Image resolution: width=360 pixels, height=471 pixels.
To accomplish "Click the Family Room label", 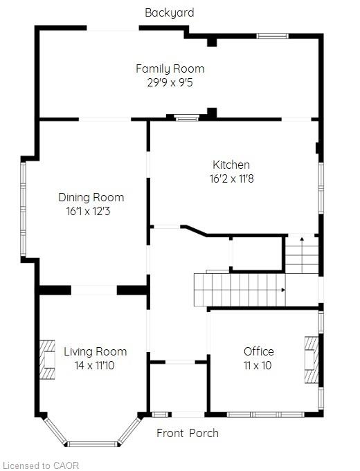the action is click(170, 68).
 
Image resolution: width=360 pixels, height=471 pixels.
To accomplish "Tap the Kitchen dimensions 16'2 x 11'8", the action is click(232, 178).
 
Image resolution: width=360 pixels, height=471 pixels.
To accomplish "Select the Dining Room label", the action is click(91, 197).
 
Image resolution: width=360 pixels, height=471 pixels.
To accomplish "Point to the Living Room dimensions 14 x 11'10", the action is click(94, 365).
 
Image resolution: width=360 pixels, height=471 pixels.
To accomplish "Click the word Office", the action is click(259, 351).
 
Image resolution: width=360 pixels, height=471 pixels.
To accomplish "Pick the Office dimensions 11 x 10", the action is click(258, 365).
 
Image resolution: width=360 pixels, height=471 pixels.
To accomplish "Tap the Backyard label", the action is click(170, 12).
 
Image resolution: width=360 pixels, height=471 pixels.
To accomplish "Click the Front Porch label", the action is click(188, 433).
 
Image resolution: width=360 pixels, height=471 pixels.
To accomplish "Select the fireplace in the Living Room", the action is click(47, 360).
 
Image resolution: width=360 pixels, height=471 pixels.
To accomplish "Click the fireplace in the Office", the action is click(312, 360).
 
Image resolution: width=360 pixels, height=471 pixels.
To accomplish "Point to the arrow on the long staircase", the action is click(283, 290).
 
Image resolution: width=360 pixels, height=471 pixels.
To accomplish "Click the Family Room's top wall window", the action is click(273, 36).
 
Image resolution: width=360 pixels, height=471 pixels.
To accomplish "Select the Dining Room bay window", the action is click(23, 209).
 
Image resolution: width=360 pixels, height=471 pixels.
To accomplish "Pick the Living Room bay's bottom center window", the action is click(91, 444).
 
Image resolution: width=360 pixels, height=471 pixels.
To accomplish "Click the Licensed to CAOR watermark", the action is click(42, 465).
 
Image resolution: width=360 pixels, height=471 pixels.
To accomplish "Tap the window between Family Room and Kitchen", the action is click(187, 118).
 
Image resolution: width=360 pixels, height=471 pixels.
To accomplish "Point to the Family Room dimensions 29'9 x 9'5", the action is click(170, 82).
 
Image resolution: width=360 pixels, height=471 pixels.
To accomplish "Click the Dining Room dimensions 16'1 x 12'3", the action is click(88, 212).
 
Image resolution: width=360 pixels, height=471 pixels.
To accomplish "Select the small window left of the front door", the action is click(159, 415).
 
